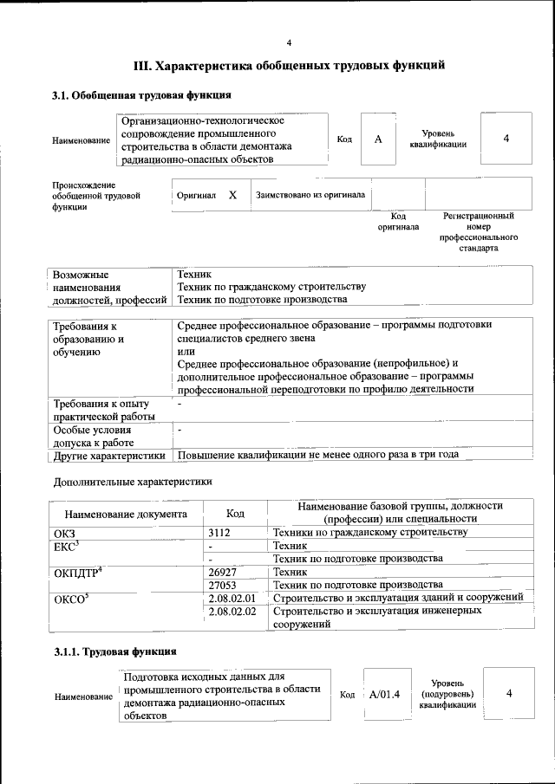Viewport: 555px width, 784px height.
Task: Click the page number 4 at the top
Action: pos(290,42)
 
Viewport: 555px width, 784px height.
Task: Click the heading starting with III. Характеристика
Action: pos(290,65)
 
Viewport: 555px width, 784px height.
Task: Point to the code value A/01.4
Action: pos(383,693)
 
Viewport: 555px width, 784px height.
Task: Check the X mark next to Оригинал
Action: pos(232,195)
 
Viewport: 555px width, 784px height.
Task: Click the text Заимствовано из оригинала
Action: pos(310,195)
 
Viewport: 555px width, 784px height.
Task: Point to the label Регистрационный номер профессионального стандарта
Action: pos(479,231)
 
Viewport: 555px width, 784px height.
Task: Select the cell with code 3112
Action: pos(225,532)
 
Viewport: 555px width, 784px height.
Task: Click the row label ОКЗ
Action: pos(65,532)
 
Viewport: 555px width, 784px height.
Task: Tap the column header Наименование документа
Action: pos(126,513)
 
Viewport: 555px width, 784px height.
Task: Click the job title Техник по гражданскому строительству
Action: pos(271,287)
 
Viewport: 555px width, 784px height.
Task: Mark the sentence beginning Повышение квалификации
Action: pos(317,455)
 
